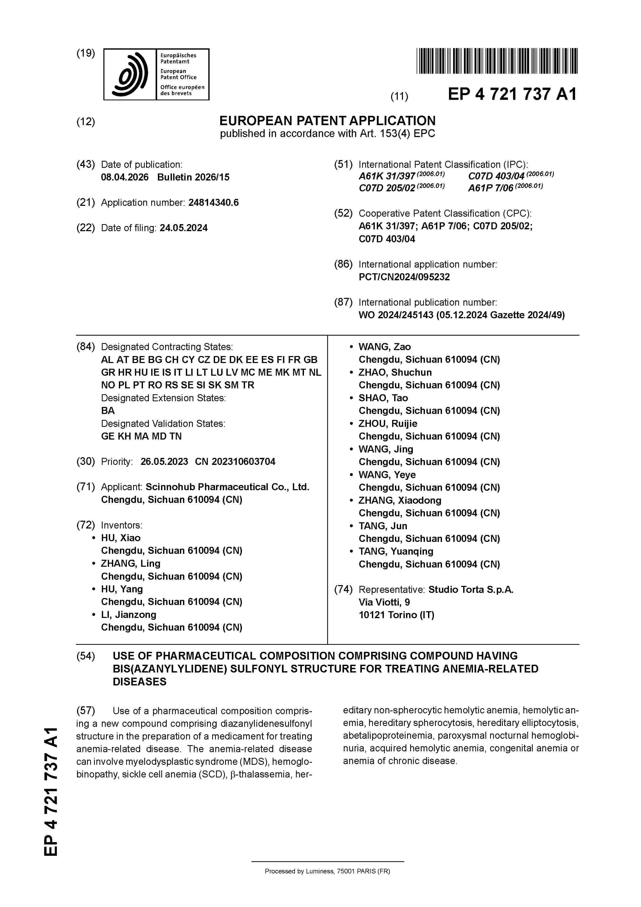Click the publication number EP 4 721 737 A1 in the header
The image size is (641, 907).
pyautogui.click(x=512, y=94)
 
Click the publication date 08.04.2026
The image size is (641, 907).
pyautogui.click(x=125, y=177)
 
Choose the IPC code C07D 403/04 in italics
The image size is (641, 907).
pyautogui.click(x=496, y=176)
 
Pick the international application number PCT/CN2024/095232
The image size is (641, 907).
pyautogui.click(x=404, y=277)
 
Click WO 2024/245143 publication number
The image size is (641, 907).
pyautogui.click(x=395, y=315)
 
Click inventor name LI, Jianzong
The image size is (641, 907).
pyautogui.click(x=128, y=615)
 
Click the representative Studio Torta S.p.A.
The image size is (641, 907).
pyautogui.click(x=471, y=589)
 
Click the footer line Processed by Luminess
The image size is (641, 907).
pyautogui.click(x=327, y=871)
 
